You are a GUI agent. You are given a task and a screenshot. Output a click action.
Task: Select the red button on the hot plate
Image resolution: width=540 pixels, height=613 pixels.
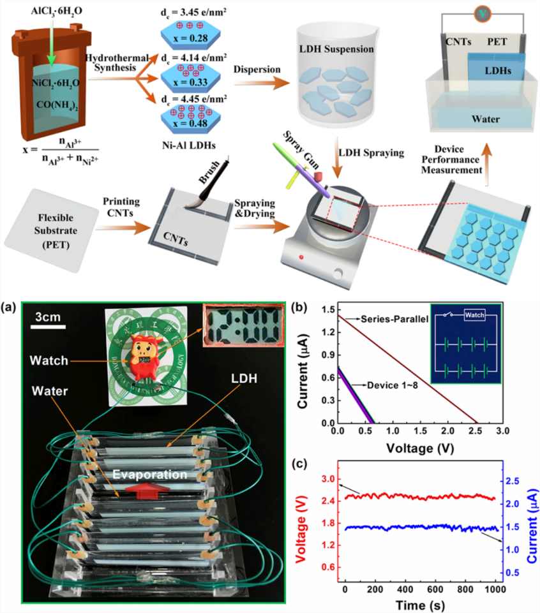pos(299,258)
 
